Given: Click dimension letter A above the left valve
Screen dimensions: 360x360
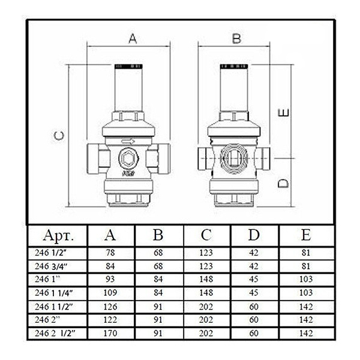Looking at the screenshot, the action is (133, 38).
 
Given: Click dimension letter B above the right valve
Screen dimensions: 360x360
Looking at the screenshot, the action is (236, 38).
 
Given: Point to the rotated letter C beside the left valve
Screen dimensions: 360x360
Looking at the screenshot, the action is (59, 136).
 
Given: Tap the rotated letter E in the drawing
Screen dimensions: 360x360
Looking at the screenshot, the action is (283, 113).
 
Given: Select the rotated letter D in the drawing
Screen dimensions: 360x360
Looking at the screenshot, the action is (283, 183).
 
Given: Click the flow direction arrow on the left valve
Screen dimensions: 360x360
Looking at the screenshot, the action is (128, 142).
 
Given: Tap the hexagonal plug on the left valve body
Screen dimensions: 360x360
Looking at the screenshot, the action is (128, 158).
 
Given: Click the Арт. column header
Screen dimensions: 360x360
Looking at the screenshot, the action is (58, 235).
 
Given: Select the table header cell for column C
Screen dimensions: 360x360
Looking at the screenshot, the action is (206, 235).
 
